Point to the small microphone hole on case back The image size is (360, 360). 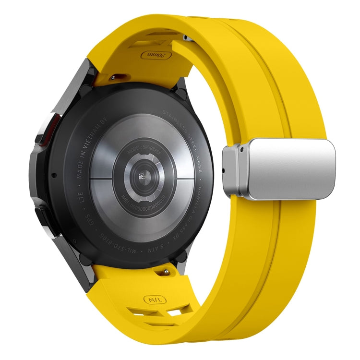(x=52, y=175)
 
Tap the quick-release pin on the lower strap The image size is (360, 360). (x=166, y=272)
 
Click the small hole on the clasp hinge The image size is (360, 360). (x=224, y=170)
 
